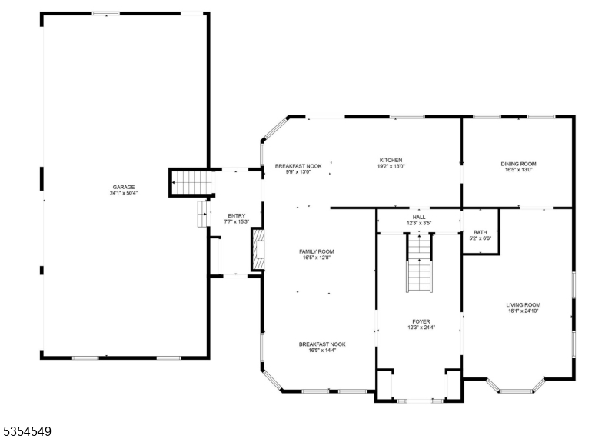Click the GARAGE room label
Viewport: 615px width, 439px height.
click(x=124, y=187)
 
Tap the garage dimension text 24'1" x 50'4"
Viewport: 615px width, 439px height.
click(x=124, y=193)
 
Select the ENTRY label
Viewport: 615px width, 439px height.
click(x=236, y=215)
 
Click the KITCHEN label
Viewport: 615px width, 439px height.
click(x=390, y=160)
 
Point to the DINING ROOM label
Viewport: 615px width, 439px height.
click(x=518, y=163)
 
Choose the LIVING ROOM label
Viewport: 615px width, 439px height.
click(x=523, y=304)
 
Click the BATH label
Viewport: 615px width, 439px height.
click(x=480, y=232)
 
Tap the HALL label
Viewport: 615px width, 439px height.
click(x=419, y=218)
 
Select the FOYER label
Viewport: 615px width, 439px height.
click(x=421, y=321)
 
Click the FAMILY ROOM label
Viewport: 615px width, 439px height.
click(x=317, y=251)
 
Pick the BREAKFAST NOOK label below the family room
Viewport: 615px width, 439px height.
click(x=322, y=344)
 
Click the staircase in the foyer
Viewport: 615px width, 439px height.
click(x=420, y=264)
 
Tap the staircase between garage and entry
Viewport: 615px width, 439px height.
click(x=191, y=183)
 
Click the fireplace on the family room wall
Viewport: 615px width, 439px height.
click(x=257, y=250)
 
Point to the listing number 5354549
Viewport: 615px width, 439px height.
click(x=27, y=432)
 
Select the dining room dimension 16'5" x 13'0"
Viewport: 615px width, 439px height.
click(x=518, y=170)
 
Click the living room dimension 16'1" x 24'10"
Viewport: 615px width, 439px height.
click(x=523, y=311)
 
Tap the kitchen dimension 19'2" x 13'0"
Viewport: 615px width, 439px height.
click(x=390, y=166)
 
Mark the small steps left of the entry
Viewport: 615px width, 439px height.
click(x=202, y=215)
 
